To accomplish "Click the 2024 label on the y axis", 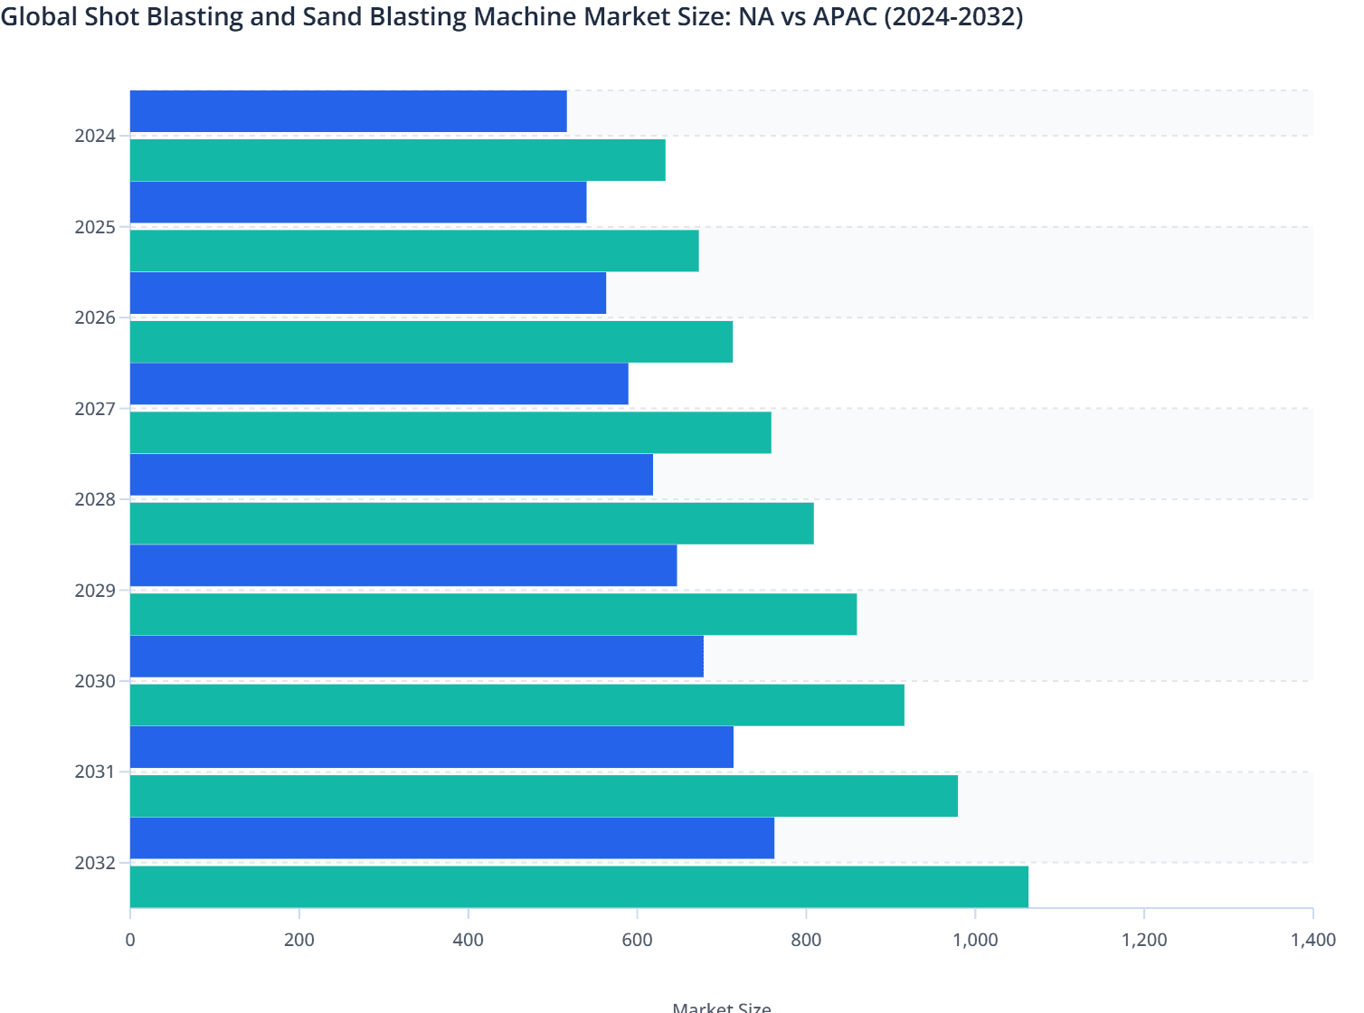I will pos(95,136).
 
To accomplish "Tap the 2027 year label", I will pos(95,409).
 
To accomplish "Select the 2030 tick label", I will pos(95,681).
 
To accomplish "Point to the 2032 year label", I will pos(95,863).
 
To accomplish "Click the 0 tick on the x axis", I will pos(130,940).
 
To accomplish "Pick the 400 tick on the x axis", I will pos(468,940).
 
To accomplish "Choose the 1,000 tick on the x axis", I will pos(975,940).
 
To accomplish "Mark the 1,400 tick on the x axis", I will pos(1312,940).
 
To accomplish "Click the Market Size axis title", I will pos(721,1007).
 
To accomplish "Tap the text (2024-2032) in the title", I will pos(952,16).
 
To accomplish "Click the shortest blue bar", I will pos(348,111).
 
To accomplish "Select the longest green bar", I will pos(579,886).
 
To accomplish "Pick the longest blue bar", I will pos(452,838).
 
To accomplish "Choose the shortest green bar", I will pos(398,160).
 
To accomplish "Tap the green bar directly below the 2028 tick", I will pos(471,524).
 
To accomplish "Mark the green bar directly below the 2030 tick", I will pos(516,705).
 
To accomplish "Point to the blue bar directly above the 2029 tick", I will pos(403,565).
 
